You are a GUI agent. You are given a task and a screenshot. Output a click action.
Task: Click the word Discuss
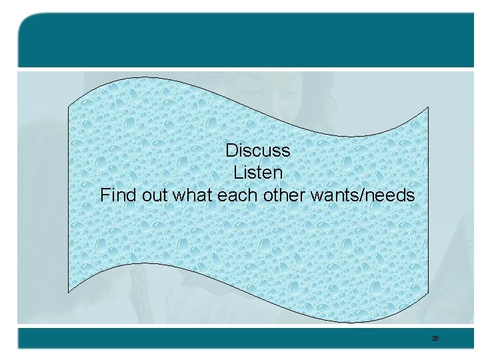point(258,150)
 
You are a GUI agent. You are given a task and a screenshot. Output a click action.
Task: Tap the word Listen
point(258,173)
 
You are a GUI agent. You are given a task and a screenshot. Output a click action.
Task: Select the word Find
point(117,195)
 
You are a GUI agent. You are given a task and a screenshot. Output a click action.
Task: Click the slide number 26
point(435,339)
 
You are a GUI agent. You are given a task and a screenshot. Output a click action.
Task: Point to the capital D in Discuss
point(231,150)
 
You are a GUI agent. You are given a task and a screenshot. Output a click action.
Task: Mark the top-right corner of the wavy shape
point(428,107)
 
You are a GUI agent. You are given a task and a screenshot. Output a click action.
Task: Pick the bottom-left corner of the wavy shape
point(69,292)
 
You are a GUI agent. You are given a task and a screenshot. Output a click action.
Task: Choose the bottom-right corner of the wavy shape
point(428,292)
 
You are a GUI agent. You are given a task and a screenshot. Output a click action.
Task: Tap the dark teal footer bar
point(240,338)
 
